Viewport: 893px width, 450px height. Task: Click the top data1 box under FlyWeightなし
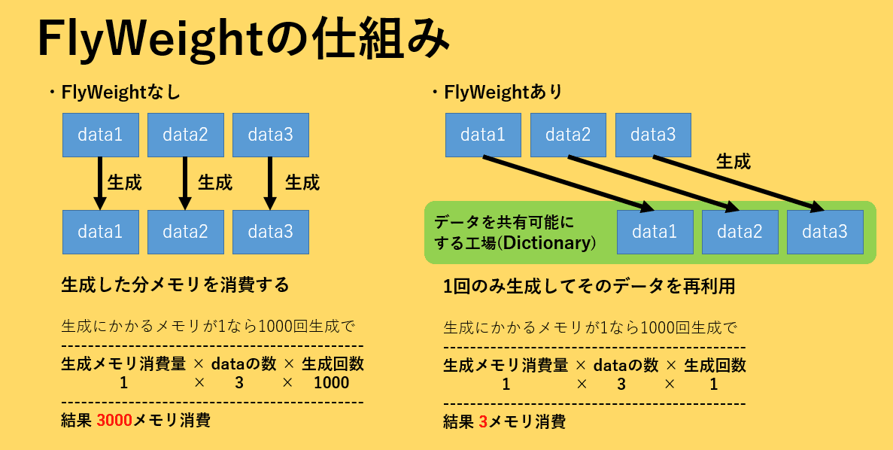point(100,135)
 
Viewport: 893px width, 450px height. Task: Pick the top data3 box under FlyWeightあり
point(653,135)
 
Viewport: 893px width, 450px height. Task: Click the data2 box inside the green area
point(740,232)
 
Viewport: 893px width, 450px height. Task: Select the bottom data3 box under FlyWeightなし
point(270,232)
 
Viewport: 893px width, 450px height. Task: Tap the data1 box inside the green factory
point(655,232)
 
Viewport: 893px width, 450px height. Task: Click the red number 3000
point(114,420)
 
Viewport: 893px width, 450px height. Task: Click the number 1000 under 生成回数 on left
point(332,382)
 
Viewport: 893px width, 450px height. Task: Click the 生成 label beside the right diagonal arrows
point(733,161)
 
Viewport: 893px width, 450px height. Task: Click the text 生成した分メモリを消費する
point(175,285)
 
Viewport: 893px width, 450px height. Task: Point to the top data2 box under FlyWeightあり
point(568,135)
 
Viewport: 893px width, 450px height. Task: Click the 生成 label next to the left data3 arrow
point(302,182)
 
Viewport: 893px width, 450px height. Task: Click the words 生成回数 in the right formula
point(715,365)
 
